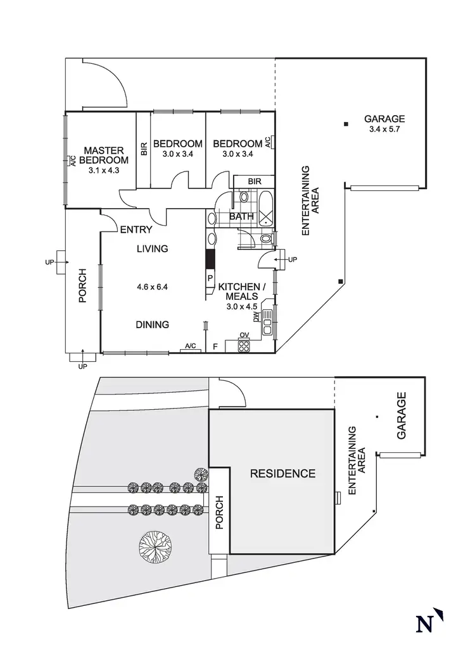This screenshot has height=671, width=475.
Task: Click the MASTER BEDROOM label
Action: click(x=104, y=155)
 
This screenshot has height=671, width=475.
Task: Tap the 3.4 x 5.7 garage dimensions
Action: click(x=384, y=129)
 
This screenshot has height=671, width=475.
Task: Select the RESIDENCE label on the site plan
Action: click(x=282, y=473)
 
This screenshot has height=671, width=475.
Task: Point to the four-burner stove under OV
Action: click(x=244, y=345)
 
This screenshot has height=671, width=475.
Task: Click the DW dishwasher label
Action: click(x=256, y=316)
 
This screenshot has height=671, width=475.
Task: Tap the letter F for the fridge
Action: click(x=215, y=346)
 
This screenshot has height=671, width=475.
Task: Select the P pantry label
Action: click(x=210, y=277)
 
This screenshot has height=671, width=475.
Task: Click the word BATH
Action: click(x=241, y=216)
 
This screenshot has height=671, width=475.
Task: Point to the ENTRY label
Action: click(x=136, y=230)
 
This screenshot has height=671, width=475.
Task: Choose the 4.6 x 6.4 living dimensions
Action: click(x=152, y=286)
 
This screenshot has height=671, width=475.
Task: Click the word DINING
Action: click(x=152, y=324)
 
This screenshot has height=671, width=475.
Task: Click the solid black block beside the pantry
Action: click(x=210, y=259)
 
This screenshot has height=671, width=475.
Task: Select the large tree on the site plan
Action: click(x=155, y=545)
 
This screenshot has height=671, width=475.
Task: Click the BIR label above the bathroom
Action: click(x=255, y=182)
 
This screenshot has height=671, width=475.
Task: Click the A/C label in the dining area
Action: click(x=189, y=346)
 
